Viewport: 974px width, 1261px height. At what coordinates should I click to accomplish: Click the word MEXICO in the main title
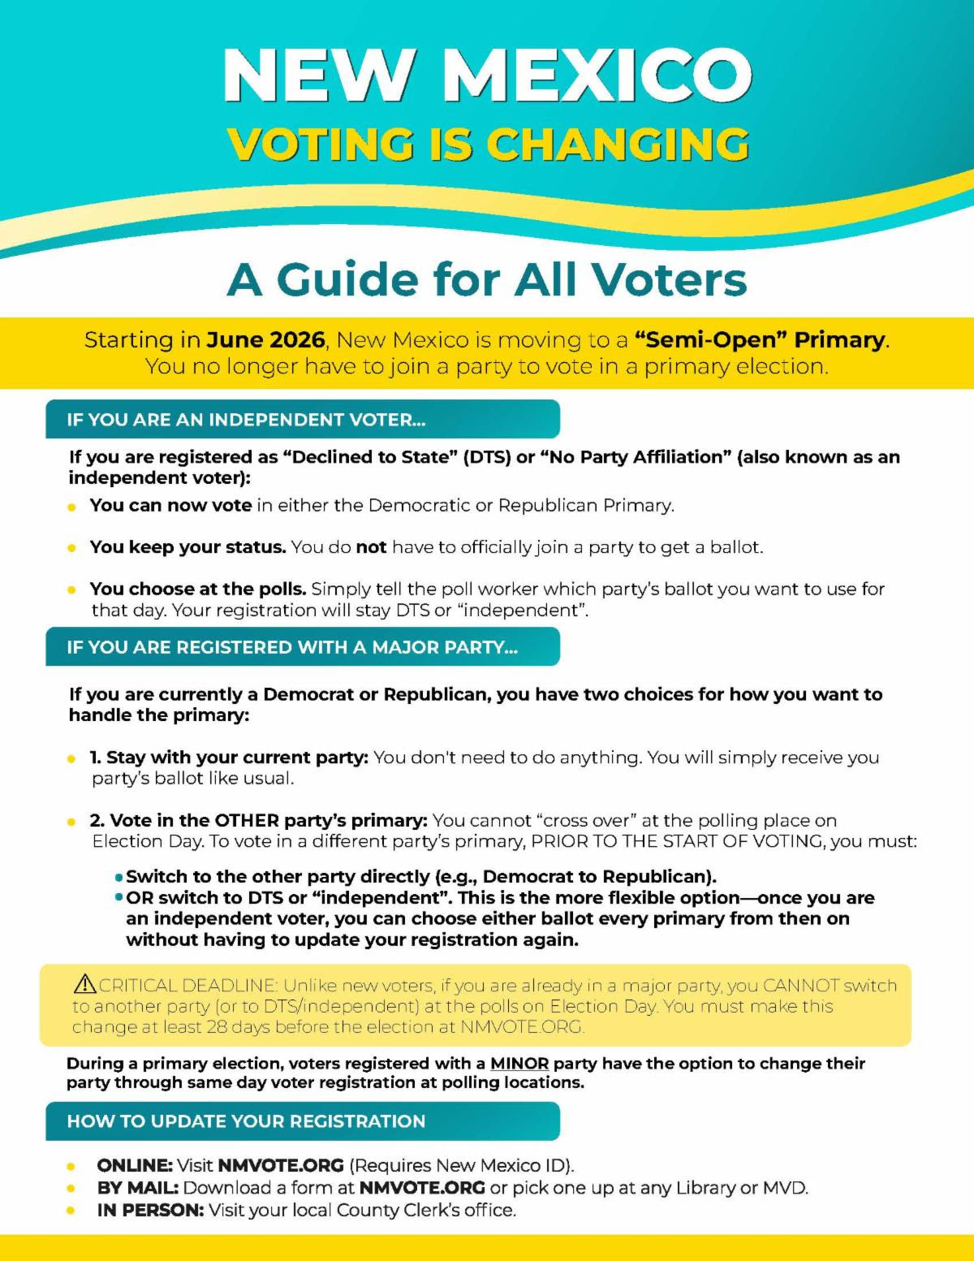598,75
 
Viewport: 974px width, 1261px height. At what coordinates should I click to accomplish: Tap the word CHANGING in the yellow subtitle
618,145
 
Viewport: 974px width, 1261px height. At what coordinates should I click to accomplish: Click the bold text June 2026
265,339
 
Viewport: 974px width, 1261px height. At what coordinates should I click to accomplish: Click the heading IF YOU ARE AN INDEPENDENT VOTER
246,420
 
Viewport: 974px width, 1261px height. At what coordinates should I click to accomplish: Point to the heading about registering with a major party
292,647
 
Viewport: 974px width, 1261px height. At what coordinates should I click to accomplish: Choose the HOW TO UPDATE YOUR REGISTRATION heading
246,1121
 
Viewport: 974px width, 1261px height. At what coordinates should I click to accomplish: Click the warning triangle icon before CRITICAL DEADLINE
84,984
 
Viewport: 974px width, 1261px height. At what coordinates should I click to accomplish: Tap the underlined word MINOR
519,1063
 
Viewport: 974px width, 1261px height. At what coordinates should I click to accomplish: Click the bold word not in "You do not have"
371,547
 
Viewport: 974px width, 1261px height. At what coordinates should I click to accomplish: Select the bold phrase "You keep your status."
187,547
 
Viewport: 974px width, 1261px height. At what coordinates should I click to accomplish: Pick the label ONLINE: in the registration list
134,1165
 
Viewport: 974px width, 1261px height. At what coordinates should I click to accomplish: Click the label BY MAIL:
137,1187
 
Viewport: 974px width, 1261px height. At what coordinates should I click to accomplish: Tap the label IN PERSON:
150,1210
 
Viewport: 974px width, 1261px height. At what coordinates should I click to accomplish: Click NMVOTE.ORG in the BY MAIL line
422,1187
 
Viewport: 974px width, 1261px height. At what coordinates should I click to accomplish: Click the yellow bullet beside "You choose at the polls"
72,589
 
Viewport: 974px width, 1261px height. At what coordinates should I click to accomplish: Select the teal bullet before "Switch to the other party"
119,878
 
